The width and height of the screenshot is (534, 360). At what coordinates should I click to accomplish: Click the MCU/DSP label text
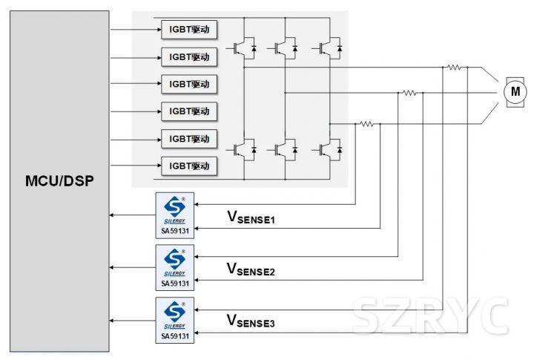59,180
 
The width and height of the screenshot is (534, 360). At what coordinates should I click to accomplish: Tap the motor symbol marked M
514,91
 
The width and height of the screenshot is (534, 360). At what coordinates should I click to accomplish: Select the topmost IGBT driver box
189,30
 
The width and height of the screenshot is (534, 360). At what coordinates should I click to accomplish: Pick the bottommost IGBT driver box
189,166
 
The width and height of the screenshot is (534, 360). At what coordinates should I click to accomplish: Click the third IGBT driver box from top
189,84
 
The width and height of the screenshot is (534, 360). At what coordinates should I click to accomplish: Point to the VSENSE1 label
251,217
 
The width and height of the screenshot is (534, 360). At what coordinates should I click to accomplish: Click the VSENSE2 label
251,269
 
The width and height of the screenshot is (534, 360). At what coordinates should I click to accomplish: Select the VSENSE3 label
251,321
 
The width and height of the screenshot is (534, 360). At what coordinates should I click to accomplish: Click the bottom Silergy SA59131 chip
175,318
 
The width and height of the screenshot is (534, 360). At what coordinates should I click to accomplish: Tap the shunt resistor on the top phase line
453,67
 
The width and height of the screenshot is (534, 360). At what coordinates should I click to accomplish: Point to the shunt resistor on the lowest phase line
366,124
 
